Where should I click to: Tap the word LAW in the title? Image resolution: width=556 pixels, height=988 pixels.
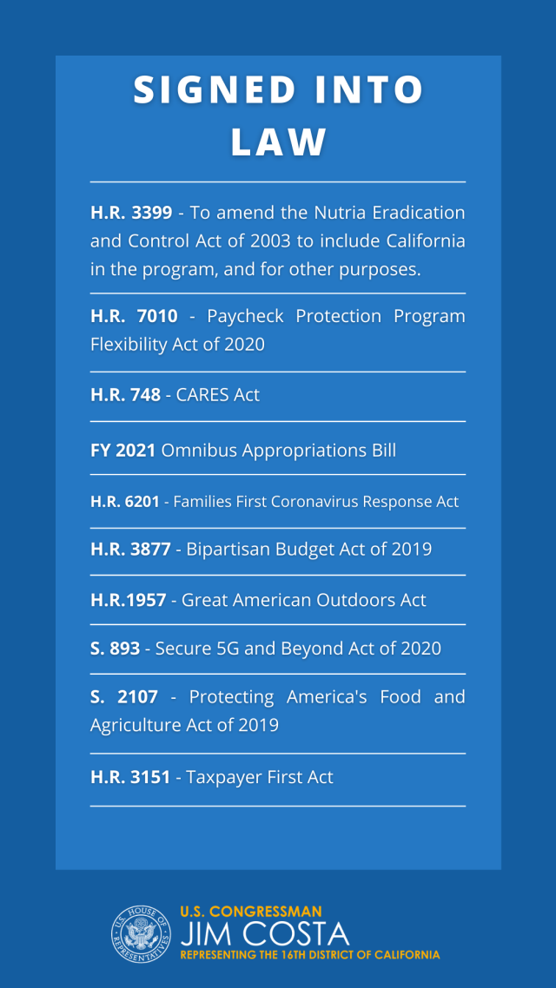[x=278, y=142]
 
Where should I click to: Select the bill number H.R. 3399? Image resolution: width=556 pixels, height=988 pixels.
[x=131, y=213]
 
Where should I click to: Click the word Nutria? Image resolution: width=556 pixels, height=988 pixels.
[x=358, y=213]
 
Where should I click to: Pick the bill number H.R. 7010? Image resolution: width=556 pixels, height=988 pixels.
[x=131, y=316]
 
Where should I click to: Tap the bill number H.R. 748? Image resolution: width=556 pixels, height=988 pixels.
[x=125, y=395]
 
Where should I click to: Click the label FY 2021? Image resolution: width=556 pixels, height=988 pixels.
[x=122, y=451]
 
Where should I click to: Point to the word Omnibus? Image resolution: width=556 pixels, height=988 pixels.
[x=196, y=451]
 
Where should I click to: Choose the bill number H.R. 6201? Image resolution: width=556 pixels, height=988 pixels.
[x=125, y=502]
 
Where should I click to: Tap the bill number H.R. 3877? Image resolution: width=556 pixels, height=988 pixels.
[x=131, y=550]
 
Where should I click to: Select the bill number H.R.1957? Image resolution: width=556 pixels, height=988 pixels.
[x=128, y=600]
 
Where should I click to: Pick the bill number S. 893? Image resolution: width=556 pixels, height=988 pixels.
[x=115, y=649]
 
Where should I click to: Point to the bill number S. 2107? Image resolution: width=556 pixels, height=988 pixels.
[x=123, y=697]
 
